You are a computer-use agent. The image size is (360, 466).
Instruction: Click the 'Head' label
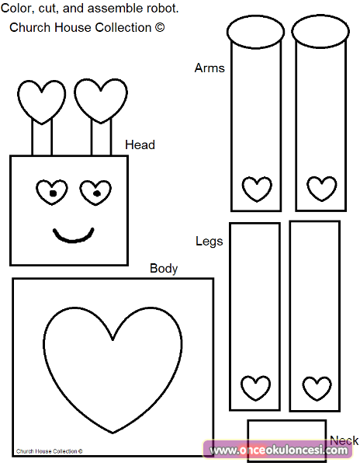tap(140, 144)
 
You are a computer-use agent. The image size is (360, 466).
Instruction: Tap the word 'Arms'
tap(209, 68)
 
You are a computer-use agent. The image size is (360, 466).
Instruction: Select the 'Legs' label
tap(209, 241)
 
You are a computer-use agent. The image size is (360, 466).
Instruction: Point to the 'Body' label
tap(164, 269)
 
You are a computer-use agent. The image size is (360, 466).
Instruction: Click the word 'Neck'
tap(344, 440)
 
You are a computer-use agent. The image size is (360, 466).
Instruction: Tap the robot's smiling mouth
tap(73, 239)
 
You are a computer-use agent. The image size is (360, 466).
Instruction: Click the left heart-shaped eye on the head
tap(52, 193)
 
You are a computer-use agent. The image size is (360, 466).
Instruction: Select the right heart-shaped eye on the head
tap(95, 193)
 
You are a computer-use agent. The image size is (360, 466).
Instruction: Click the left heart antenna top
tap(42, 102)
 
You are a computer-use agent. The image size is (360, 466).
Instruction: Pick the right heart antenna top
tap(101, 101)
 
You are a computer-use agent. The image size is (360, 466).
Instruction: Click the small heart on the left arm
tap(257, 190)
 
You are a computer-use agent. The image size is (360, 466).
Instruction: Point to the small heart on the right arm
tap(322, 189)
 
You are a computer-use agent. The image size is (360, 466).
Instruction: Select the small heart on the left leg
tap(255, 388)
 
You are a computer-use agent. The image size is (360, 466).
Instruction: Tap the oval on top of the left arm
tap(255, 32)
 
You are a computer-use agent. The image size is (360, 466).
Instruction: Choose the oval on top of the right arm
tap(320, 31)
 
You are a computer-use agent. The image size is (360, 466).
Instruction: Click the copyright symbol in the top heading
tap(159, 27)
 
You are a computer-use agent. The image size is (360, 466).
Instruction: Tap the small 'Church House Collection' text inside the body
tap(49, 451)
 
